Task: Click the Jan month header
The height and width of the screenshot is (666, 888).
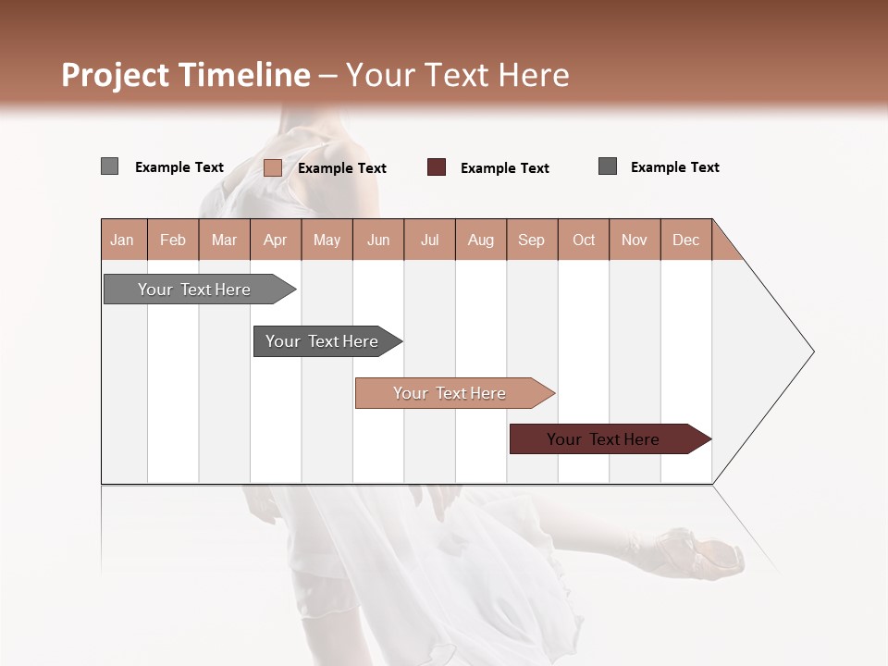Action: coord(123,240)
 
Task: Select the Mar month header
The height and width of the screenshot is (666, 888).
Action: coord(224,240)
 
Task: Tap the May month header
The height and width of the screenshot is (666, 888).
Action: coord(327,240)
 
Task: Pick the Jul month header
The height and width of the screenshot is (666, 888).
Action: coord(429,240)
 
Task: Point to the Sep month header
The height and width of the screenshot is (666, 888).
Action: coord(531,240)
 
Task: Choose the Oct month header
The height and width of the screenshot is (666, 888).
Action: coord(584,240)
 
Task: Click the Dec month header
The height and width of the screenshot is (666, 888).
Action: coord(685,240)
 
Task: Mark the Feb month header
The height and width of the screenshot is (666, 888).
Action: coord(173,240)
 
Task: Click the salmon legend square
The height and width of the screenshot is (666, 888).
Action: coord(273,167)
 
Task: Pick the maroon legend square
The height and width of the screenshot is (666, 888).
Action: coord(437,167)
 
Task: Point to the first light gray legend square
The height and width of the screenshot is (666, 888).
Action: coord(110,166)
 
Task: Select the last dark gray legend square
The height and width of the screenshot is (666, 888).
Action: coord(608,166)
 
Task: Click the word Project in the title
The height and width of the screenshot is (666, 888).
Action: coord(117,75)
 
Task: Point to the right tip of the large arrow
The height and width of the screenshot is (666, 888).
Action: coord(812,351)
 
